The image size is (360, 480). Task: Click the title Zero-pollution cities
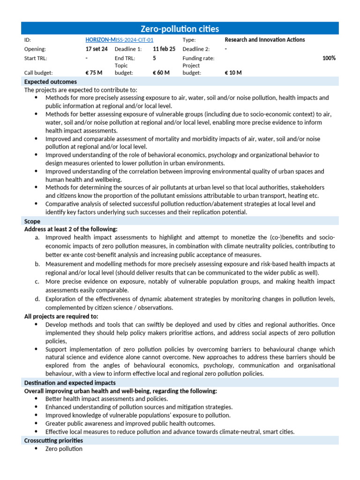[180, 29]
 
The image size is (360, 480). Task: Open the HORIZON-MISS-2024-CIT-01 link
[119, 40]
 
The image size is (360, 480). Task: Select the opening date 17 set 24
[97, 49]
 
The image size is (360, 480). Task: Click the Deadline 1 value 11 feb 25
[164, 49]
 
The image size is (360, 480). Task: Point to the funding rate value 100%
[329, 58]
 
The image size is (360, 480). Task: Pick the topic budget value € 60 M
[161, 73]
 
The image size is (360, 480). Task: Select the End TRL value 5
[154, 58]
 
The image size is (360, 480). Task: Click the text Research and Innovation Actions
[264, 40]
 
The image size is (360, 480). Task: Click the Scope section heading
[32, 221]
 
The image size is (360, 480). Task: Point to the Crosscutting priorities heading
[53, 440]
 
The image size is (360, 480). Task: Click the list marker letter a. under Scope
[37, 238]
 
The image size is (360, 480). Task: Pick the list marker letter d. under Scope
[37, 299]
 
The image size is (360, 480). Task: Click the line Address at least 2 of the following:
[71, 229]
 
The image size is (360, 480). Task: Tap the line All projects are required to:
[61, 316]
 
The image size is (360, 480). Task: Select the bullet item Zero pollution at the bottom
[64, 449]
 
